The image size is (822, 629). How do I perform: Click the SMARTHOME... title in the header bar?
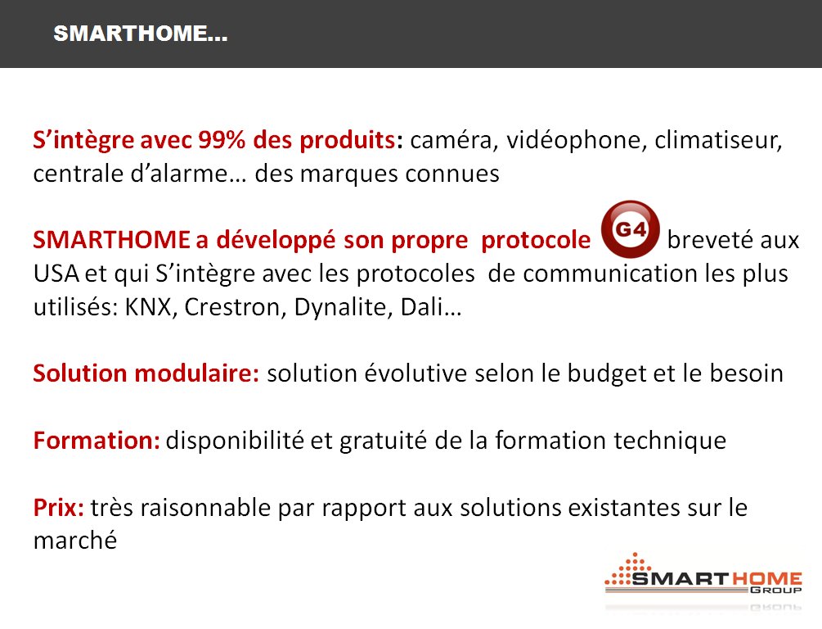(x=141, y=34)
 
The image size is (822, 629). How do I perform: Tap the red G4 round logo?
(x=630, y=229)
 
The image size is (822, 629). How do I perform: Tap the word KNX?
(x=148, y=307)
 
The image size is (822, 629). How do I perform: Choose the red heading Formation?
(x=97, y=441)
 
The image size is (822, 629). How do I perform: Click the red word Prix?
(x=59, y=508)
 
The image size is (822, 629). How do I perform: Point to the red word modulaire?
(x=196, y=373)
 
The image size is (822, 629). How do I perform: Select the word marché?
(x=75, y=541)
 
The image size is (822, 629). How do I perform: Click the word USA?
(x=56, y=274)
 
